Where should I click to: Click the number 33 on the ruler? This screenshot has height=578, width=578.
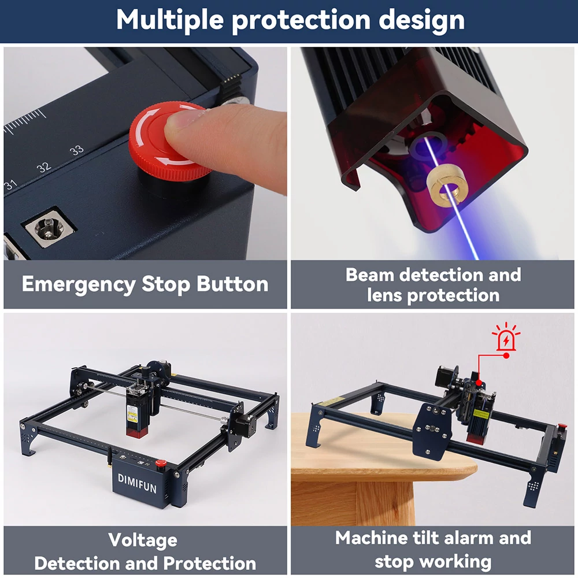77,150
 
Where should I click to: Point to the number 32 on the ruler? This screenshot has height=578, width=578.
44,167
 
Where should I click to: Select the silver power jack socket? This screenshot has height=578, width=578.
49,227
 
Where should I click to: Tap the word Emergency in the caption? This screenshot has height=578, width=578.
79,284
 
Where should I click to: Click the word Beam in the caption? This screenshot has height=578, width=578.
370,275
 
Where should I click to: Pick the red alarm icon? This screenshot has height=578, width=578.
506,336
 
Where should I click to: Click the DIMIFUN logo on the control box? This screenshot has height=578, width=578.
137,483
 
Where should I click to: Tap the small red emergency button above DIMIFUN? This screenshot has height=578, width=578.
161,464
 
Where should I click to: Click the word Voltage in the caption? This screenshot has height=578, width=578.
143,540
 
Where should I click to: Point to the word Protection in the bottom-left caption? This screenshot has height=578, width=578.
210,563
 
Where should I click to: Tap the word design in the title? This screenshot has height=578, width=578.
421,20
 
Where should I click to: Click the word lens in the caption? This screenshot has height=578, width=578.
384,295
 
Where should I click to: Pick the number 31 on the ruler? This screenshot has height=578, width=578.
10,184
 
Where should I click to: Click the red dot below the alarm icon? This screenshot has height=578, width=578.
506,355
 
